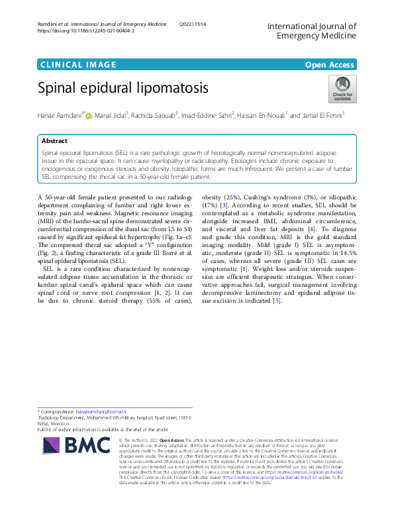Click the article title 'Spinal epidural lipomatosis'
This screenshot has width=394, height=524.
[x=123, y=87]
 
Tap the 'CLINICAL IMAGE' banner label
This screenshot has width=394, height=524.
[x=78, y=64]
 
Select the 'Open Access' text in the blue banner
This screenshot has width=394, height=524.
[x=329, y=64]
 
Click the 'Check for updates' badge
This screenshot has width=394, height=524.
[x=342, y=89]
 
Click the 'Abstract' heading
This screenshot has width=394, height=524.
[x=54, y=141]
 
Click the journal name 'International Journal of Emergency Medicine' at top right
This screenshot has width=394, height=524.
[x=312, y=30]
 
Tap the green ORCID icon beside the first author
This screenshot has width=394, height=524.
[x=89, y=116]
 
